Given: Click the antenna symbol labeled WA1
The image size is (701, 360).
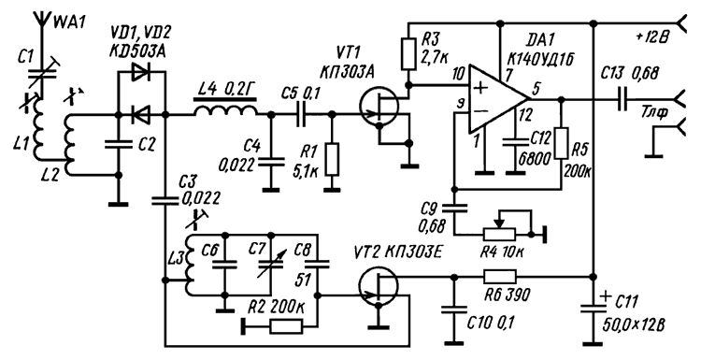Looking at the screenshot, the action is point(41,22).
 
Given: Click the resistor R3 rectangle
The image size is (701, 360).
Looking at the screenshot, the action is point(408,54).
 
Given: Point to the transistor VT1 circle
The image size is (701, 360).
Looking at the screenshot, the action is point(379,108).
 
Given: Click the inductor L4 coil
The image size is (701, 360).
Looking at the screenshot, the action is point(226,110).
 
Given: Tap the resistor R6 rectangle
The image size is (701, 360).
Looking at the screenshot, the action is point(499,277).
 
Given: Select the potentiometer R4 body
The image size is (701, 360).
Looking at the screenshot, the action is point(499,234).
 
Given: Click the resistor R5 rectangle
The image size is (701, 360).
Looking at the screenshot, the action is point(562,143).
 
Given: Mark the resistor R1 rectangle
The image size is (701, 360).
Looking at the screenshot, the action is point(332,159).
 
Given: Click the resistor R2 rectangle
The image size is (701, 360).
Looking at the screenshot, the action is point(287,327).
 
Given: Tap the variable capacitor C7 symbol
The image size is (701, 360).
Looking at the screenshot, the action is point(270,265).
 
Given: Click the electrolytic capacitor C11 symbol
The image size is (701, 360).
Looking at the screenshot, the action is point(593,309).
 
